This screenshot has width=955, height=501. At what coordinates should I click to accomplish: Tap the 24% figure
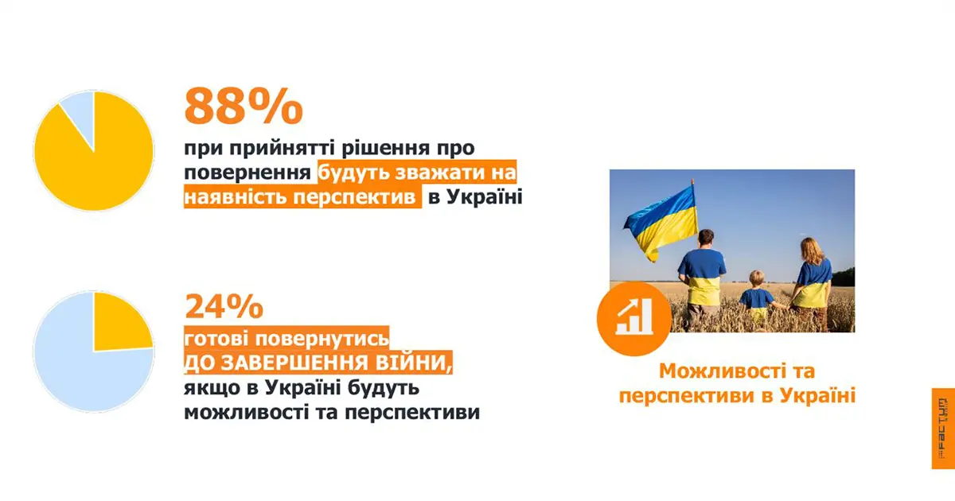(x=224, y=308)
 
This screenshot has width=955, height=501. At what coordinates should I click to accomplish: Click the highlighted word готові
(x=216, y=338)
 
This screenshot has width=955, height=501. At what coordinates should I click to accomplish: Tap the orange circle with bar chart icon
(x=635, y=317)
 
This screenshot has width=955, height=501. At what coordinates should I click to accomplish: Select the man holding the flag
(x=702, y=274)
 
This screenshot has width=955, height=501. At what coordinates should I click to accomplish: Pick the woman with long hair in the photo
(x=812, y=278)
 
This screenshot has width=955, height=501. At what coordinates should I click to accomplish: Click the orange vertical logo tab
(x=942, y=439)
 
